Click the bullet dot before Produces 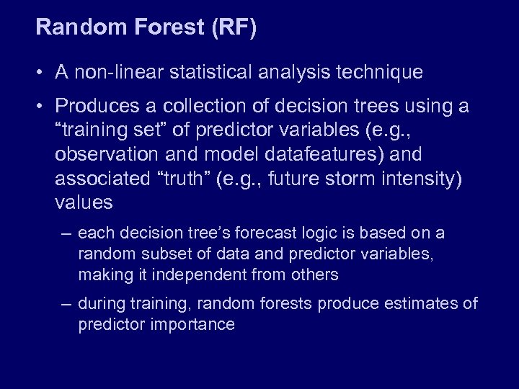[43, 107]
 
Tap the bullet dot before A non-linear [43, 73]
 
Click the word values [84, 203]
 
